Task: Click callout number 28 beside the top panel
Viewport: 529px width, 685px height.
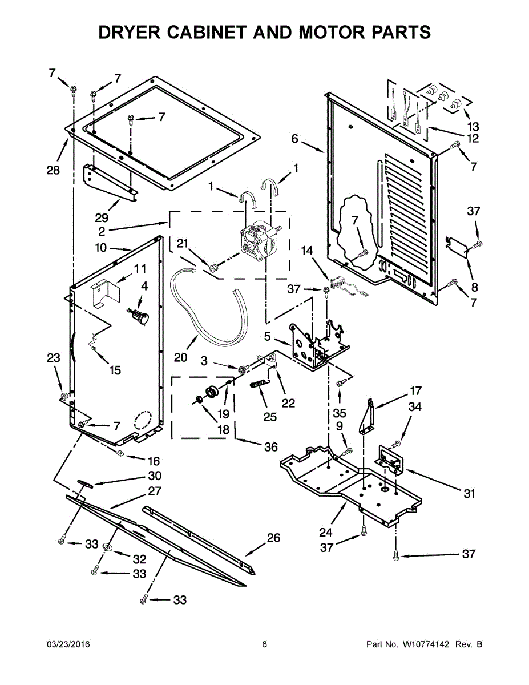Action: click(53, 171)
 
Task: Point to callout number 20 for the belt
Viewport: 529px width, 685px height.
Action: click(180, 357)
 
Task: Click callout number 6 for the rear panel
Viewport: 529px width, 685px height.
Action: click(294, 138)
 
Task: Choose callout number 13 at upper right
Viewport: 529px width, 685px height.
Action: click(473, 126)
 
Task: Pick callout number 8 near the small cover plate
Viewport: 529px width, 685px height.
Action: click(474, 287)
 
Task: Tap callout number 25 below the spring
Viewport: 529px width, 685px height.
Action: click(270, 417)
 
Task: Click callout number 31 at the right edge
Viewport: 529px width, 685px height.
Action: click(469, 494)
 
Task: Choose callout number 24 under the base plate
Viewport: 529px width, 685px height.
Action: click(325, 532)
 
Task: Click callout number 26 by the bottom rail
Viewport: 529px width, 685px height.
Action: click(274, 537)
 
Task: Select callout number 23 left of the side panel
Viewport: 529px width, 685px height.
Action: click(53, 358)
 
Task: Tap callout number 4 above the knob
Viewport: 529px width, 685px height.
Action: click(144, 285)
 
